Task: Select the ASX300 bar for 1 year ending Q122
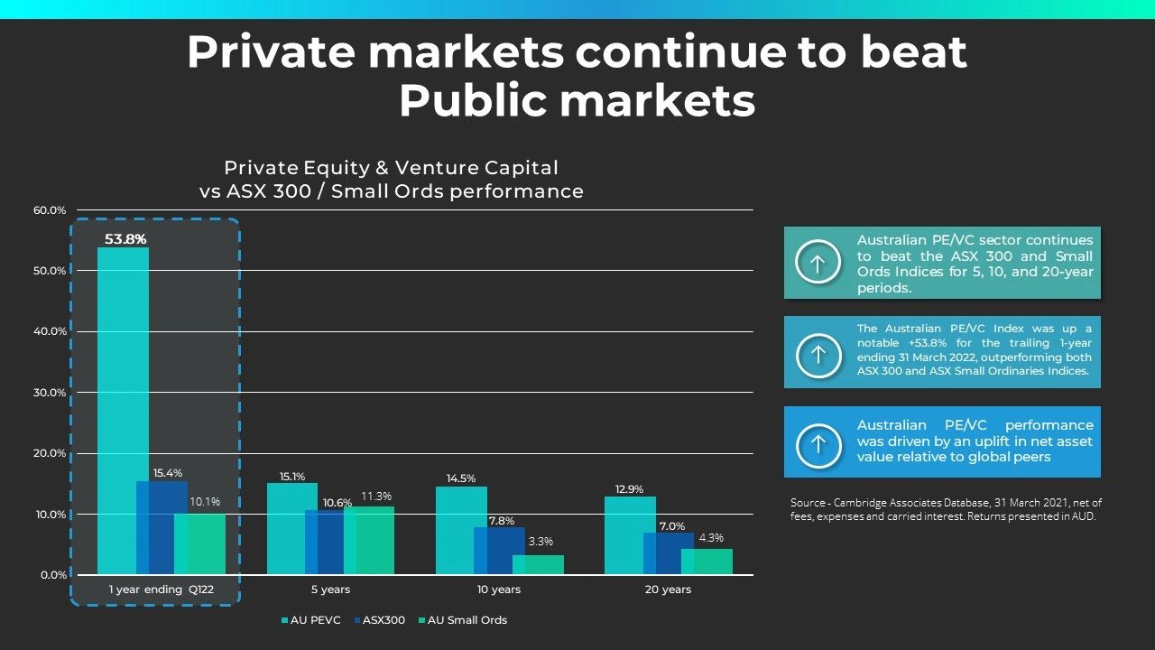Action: [162, 528]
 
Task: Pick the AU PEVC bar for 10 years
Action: [461, 531]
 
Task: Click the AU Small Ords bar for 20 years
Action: [707, 562]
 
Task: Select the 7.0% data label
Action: [672, 526]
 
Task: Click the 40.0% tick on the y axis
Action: [51, 331]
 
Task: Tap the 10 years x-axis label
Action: [499, 590]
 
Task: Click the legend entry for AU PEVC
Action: [311, 620]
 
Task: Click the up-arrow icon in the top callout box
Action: [818, 263]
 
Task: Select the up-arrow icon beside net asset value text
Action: [818, 442]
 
